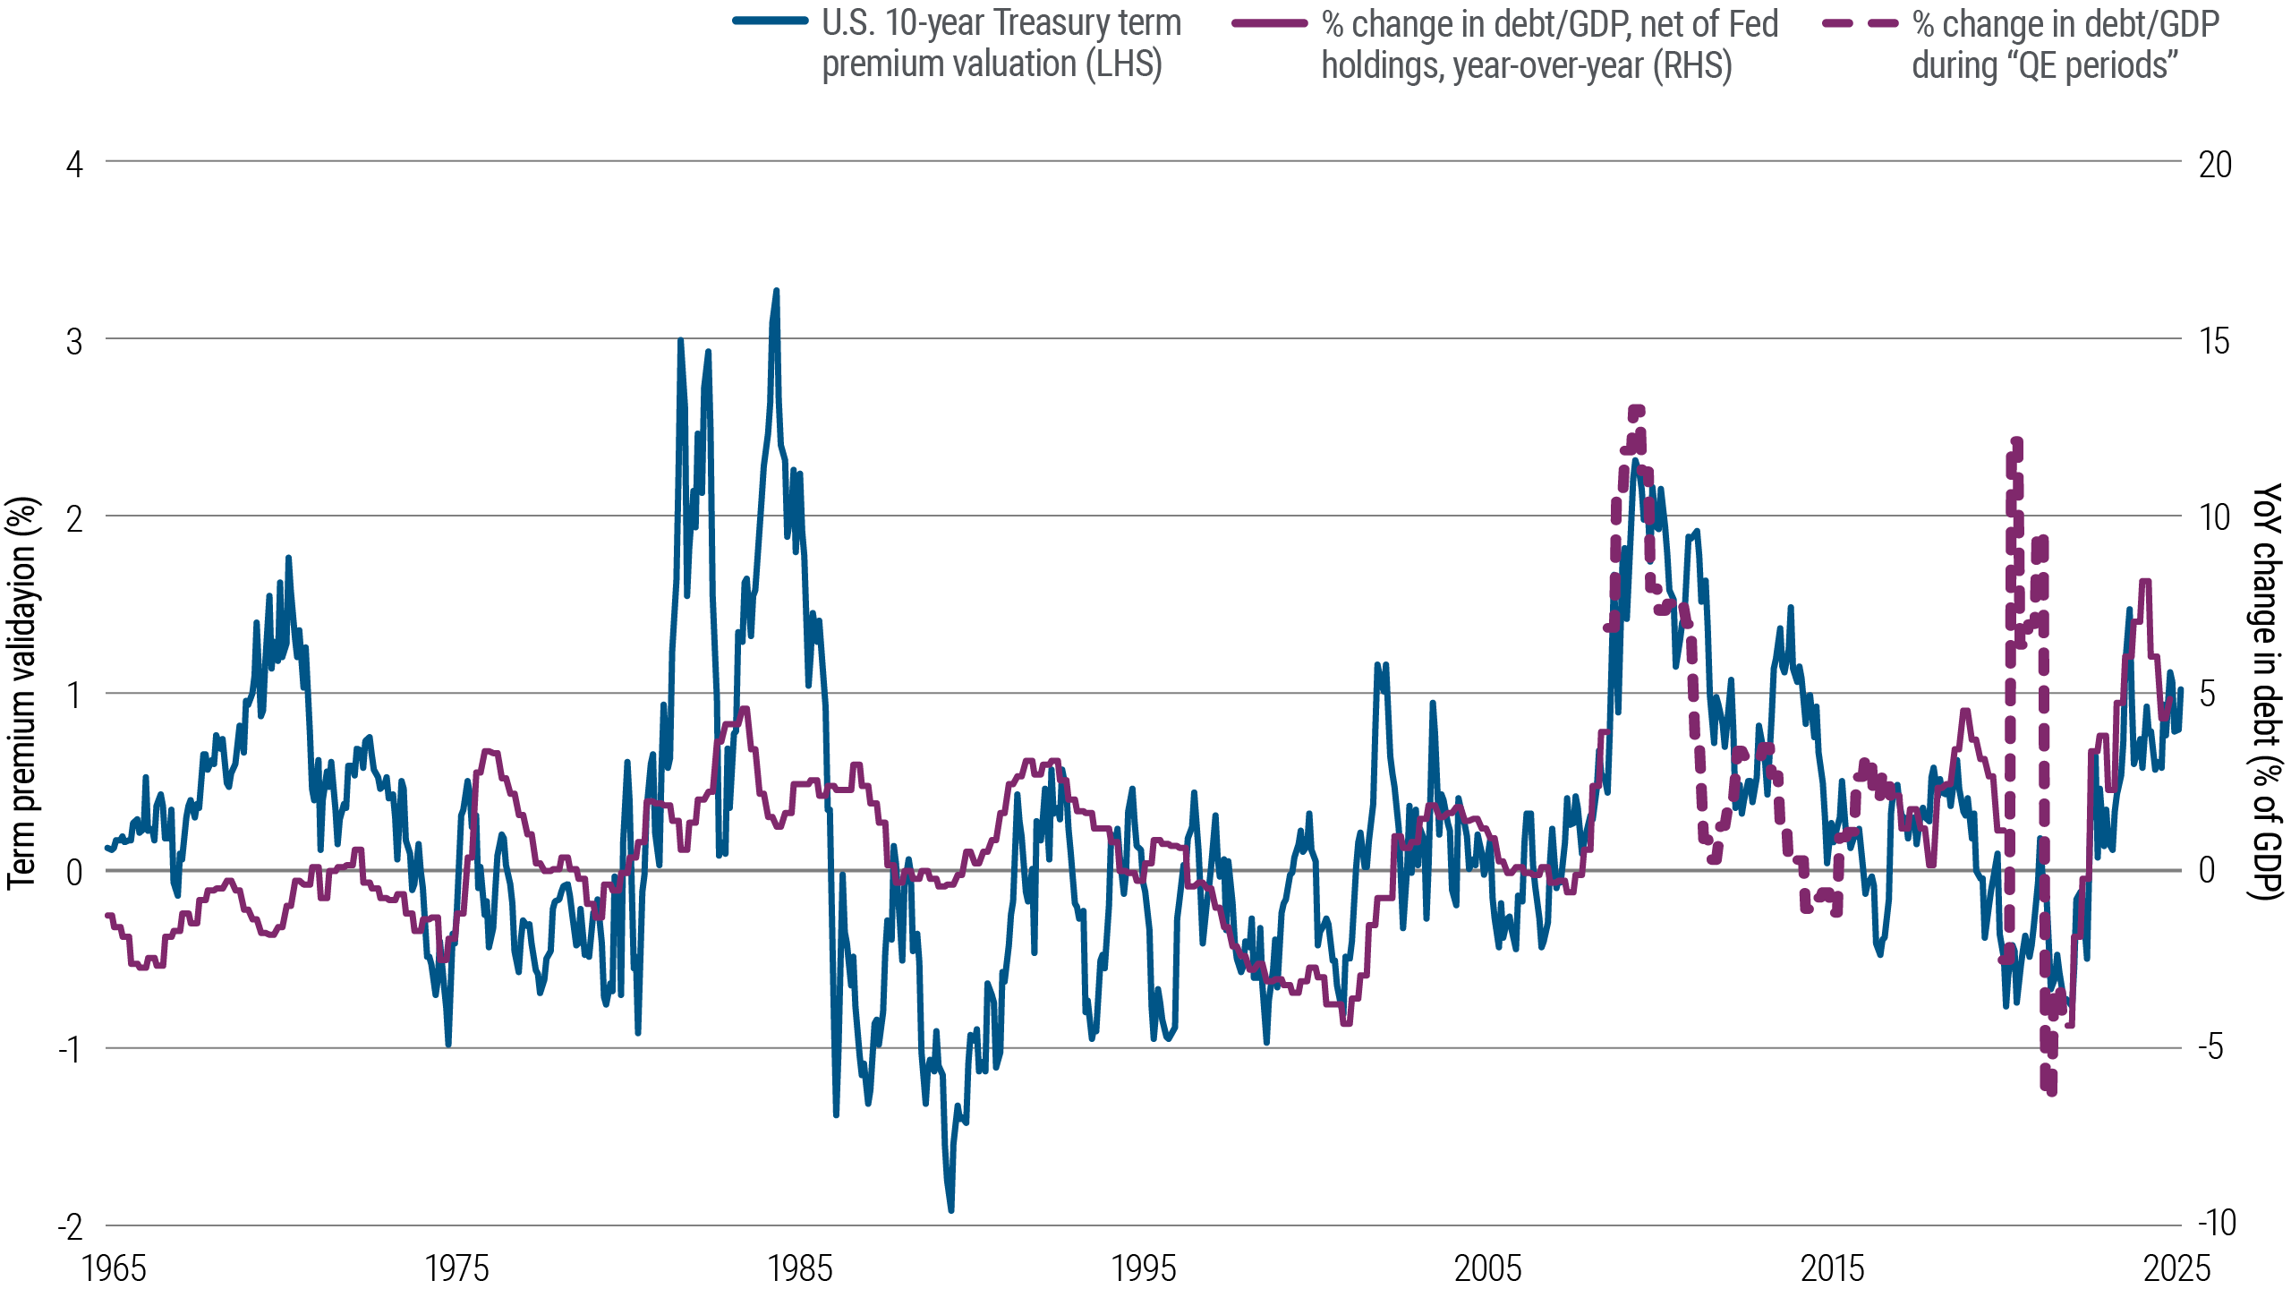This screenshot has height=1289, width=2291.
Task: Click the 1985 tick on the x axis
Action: [802, 1268]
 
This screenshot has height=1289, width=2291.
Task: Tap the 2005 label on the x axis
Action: [1488, 1268]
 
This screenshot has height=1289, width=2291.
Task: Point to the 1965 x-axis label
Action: [114, 1268]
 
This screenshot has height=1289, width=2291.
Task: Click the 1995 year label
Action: [1145, 1268]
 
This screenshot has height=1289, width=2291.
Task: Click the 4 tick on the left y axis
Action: [75, 165]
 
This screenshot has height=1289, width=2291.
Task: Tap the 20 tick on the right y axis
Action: [2215, 165]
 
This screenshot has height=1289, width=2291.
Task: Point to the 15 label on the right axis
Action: [2214, 341]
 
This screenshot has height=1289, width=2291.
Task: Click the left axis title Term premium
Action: [24, 694]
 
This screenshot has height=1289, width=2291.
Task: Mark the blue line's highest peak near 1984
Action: [776, 291]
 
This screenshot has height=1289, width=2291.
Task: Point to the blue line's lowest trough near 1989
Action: [950, 1210]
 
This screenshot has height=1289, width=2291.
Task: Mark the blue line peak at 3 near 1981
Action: [680, 339]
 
